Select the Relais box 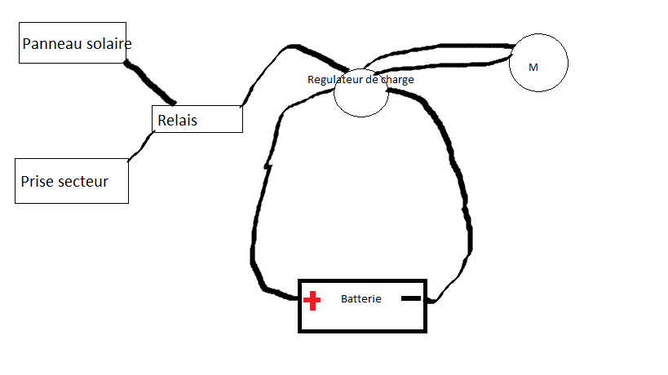point(197,119)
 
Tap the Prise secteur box point(72,181)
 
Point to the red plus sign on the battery point(312,302)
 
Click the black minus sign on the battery point(411,299)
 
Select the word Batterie point(361,299)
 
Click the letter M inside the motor point(533,68)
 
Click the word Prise point(38,182)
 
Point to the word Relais point(177,121)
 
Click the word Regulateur point(332,80)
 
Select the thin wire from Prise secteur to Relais point(141,147)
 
